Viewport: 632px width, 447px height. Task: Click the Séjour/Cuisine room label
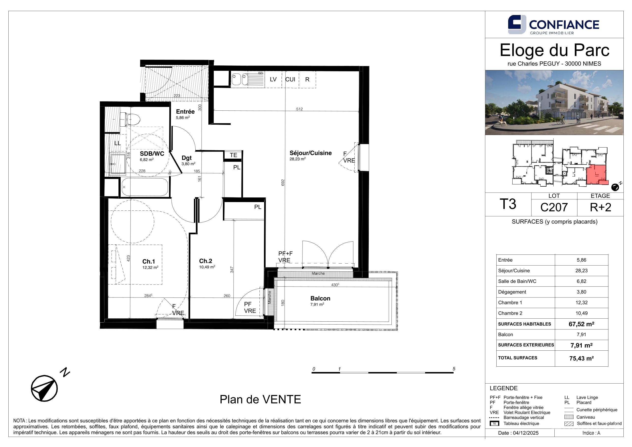311,153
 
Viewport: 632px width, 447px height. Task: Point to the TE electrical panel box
233,155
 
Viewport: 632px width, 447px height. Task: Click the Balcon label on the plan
320,298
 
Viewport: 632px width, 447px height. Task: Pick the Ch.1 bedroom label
149,261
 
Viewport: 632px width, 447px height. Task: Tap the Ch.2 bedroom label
206,261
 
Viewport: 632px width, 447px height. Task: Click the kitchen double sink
240,79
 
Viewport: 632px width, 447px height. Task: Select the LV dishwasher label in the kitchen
273,79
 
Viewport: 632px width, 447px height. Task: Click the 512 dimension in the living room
300,109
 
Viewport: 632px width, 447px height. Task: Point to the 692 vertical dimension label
283,183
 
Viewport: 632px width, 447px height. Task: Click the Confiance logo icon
517,25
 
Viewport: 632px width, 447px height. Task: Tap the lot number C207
554,207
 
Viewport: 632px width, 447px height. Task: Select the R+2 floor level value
600,207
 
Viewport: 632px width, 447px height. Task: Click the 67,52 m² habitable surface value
581,324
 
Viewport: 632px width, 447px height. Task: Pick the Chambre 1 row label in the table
510,303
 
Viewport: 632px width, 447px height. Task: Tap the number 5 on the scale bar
454,369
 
